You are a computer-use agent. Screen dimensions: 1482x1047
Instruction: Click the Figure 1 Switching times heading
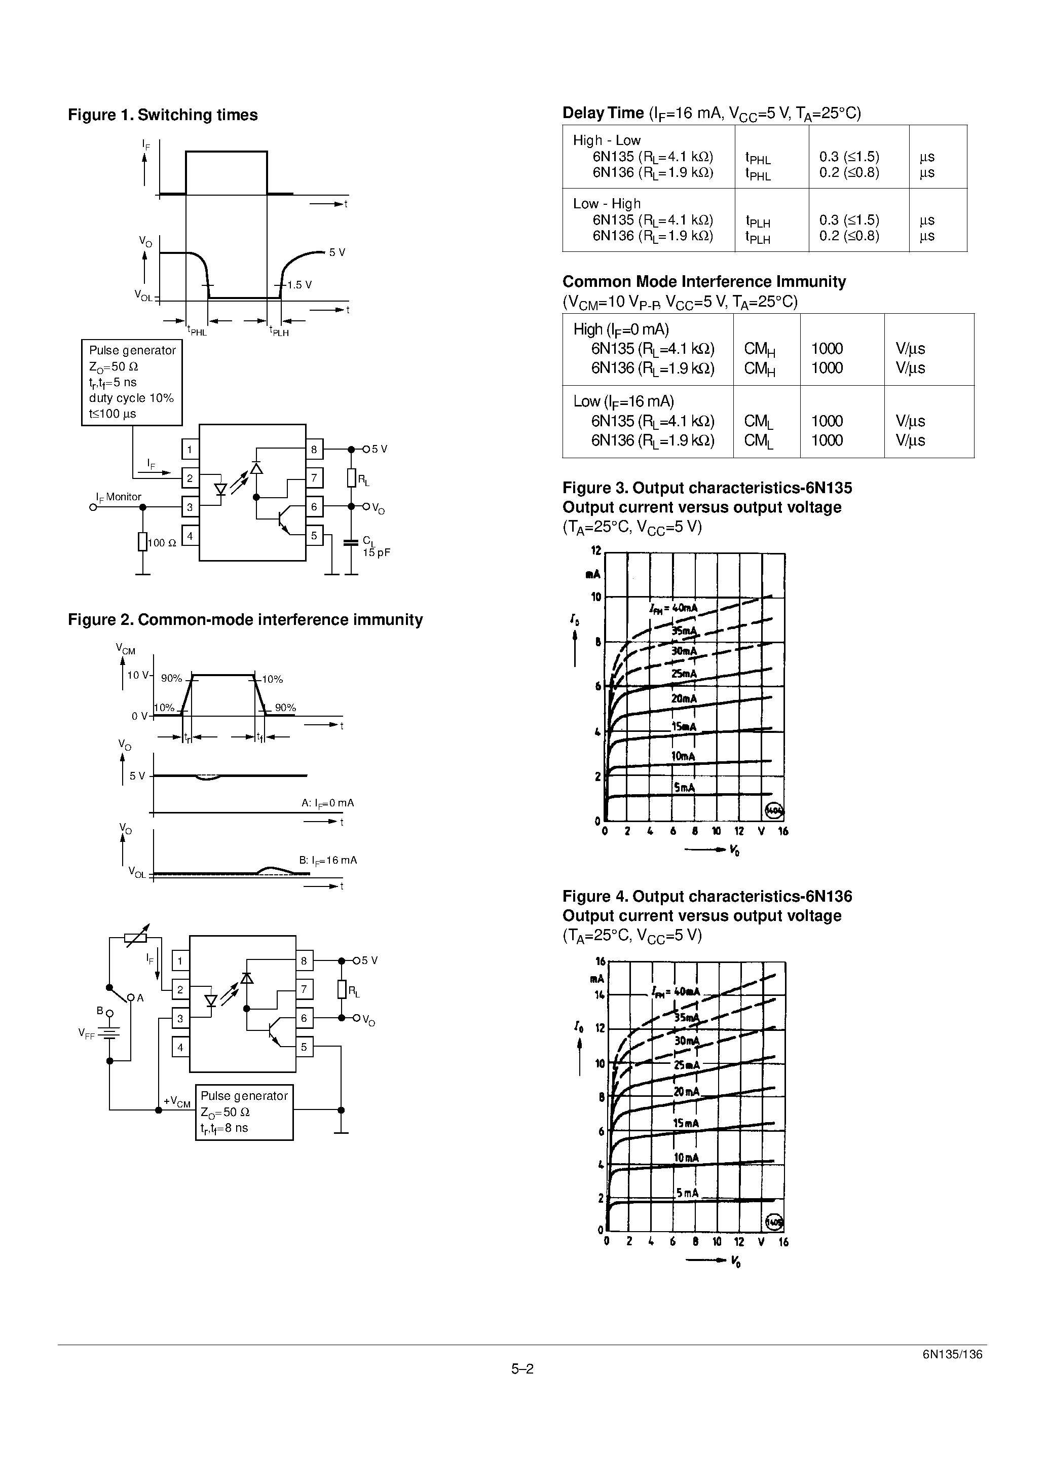click(163, 115)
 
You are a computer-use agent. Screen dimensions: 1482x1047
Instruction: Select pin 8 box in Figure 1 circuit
click(314, 449)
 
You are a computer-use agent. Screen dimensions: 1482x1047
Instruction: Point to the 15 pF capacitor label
click(377, 552)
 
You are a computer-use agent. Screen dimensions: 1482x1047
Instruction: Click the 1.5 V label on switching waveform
click(300, 285)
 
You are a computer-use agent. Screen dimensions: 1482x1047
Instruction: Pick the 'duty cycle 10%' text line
click(131, 398)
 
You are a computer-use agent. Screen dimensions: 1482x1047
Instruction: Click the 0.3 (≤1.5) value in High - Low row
click(849, 157)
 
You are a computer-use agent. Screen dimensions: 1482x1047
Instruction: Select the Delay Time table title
click(712, 114)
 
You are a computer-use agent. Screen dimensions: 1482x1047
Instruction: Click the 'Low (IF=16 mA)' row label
click(623, 401)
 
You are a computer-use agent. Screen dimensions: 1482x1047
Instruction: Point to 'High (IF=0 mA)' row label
click(620, 329)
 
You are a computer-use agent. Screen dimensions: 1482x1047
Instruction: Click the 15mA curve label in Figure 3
click(684, 727)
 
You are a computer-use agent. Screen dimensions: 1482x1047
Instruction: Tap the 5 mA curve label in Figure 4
click(687, 1194)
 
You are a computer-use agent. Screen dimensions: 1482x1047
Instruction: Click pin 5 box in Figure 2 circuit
click(304, 1047)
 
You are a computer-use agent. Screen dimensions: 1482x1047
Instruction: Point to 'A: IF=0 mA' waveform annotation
click(327, 803)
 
